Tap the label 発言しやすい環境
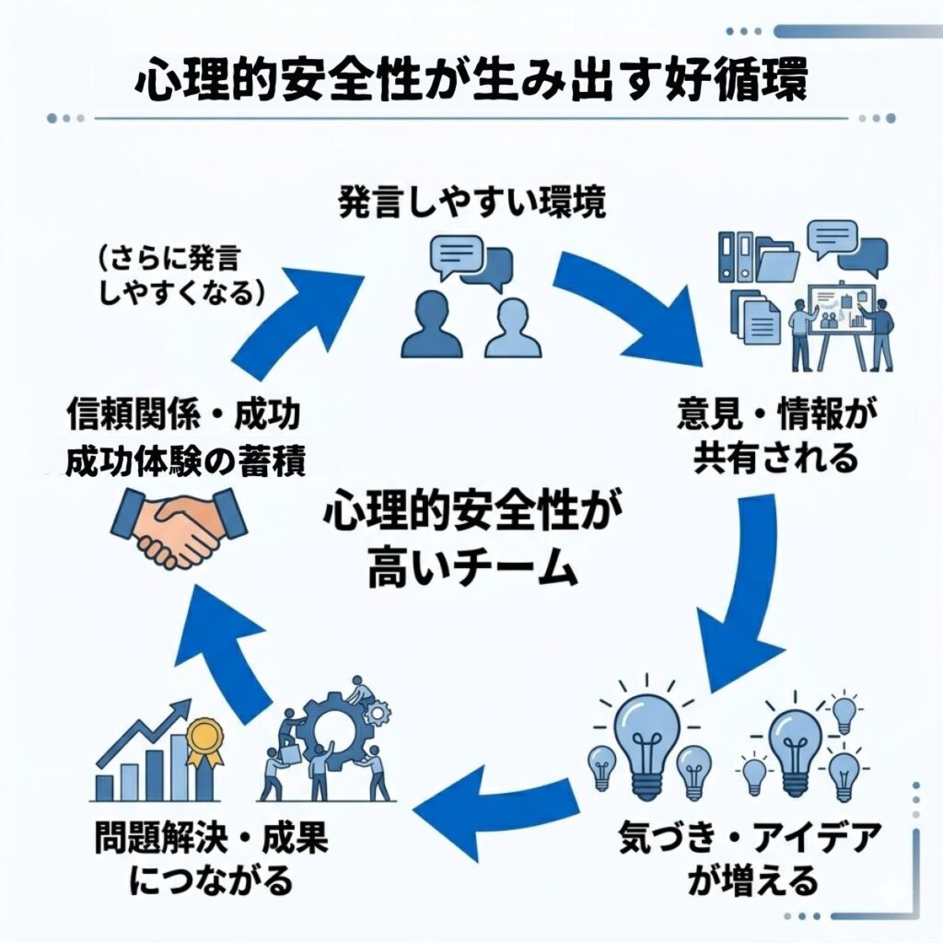(x=471, y=204)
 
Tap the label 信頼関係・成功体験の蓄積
(x=184, y=439)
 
